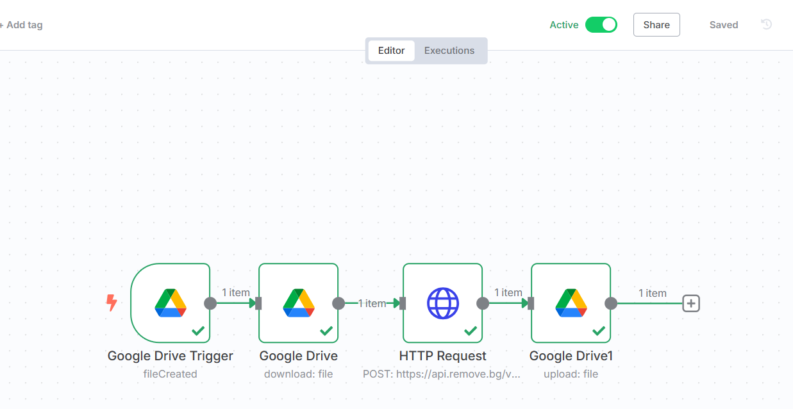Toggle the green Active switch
pos(601,25)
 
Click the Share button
pos(656,25)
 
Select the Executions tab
pos(449,51)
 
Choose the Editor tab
pos(391,51)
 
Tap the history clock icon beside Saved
pos(766,24)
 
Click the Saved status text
pos(724,25)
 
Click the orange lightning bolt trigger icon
pos(112,303)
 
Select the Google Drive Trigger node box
pos(171,303)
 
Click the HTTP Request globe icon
pos(443,303)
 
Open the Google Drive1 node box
pos(571,303)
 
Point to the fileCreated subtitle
pos(171,374)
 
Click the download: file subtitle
pos(299,374)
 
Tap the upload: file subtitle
pos(571,374)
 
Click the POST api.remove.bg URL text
pos(442,374)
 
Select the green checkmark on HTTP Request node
pos(471,331)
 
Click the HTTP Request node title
pos(443,356)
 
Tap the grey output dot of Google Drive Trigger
pos(210,303)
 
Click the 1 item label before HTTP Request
pos(372,303)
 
